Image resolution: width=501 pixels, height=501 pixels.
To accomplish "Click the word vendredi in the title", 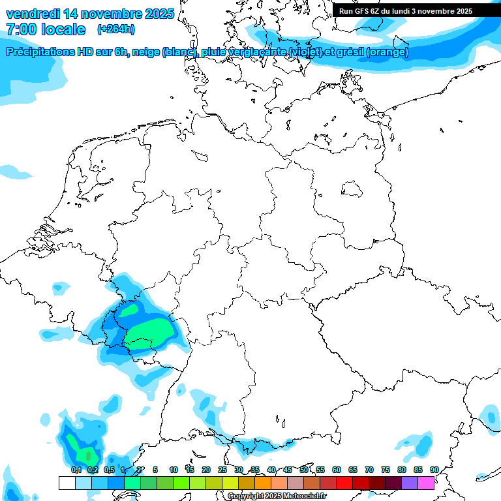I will click(33, 14).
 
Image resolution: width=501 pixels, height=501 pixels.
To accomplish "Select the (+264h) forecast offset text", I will click(115, 29).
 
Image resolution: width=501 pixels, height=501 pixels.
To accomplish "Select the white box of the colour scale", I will click(67, 483).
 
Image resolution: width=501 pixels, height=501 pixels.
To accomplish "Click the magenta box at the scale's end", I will click(426, 483).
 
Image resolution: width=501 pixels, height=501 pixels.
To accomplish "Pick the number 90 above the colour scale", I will click(434, 470).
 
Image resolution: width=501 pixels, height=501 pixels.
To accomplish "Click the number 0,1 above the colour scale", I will click(76, 470).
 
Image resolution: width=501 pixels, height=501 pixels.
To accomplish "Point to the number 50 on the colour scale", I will click(304, 470).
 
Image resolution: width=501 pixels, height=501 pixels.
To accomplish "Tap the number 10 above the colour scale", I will click(174, 470).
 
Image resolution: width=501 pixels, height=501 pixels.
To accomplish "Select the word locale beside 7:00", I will click(63, 29).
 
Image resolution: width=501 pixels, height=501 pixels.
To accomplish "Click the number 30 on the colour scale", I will click(239, 470).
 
